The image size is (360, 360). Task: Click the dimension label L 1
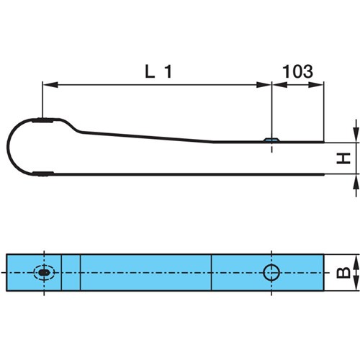point(158,71)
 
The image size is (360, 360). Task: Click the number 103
point(297,71)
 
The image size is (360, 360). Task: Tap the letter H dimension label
point(343,158)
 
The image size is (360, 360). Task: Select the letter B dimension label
point(343,272)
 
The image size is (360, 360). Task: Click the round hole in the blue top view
point(271,273)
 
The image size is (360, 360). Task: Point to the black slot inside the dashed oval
point(44,273)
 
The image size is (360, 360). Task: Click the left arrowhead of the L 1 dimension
point(50,85)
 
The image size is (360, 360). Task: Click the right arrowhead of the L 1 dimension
point(264,85)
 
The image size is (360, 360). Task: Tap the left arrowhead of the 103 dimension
point(279,85)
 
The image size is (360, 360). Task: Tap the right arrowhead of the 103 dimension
point(316,85)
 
